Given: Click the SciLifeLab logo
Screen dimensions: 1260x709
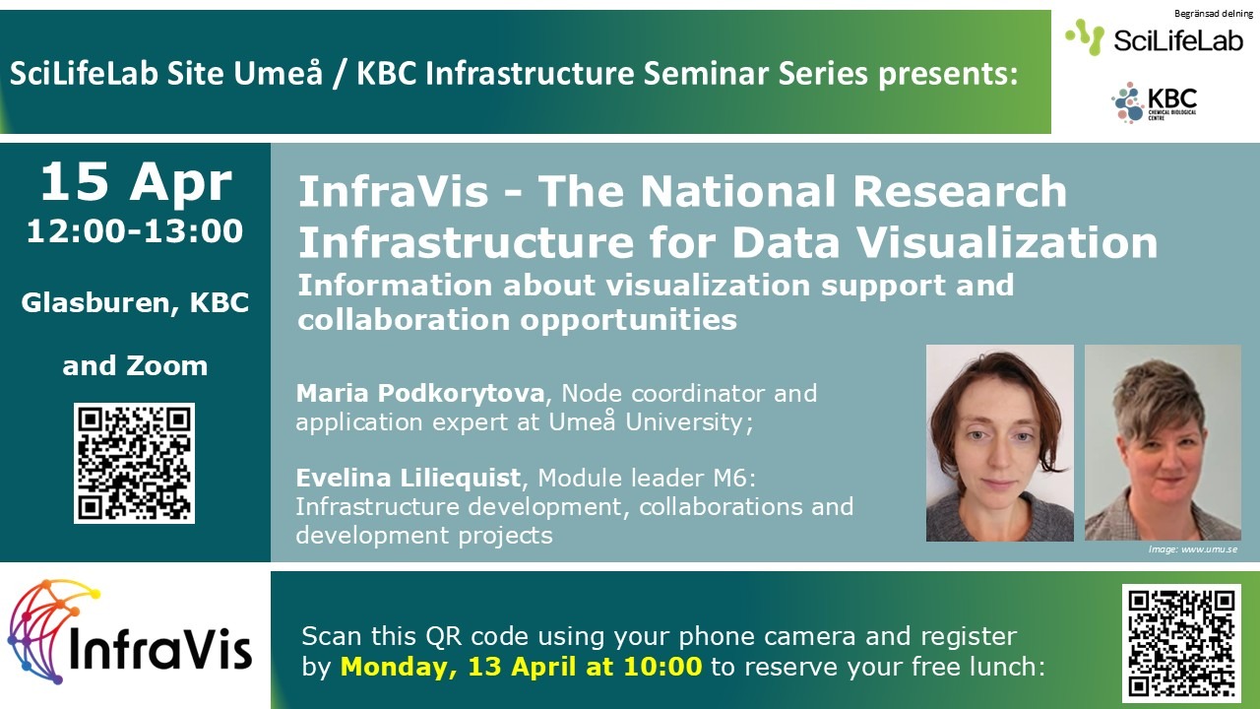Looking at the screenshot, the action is click(x=1154, y=38).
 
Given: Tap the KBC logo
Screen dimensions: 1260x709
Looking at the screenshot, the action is click(x=1155, y=102).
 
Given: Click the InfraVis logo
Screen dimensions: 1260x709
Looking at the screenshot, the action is click(x=129, y=632).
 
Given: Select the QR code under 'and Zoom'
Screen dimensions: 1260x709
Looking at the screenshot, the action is click(x=135, y=463).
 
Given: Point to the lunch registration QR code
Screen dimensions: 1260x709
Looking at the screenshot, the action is click(x=1182, y=643).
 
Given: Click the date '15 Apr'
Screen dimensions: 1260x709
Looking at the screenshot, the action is click(x=136, y=182).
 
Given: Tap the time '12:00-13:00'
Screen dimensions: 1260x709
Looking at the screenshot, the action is click(x=135, y=231).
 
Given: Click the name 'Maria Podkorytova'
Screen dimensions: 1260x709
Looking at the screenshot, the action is click(x=420, y=393).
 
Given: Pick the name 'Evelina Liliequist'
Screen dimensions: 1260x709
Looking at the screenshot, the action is click(x=409, y=478).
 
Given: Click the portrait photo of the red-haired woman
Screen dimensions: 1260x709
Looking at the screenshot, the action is click(x=999, y=443).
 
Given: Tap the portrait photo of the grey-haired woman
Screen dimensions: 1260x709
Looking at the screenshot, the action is click(x=1163, y=443).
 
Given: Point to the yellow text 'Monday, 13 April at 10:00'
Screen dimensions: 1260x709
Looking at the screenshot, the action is click(x=521, y=667).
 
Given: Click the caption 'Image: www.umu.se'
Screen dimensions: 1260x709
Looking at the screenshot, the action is click(x=1192, y=549).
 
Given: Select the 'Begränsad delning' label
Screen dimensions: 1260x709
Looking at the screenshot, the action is click(x=1214, y=14).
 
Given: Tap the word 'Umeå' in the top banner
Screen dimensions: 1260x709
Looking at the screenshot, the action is click(x=279, y=73).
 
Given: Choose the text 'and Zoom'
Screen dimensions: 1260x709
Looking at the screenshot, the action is click(x=135, y=365).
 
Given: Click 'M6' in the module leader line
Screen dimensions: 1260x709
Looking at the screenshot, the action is click(x=734, y=479).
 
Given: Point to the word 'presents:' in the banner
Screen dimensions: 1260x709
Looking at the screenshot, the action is click(x=948, y=75).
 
